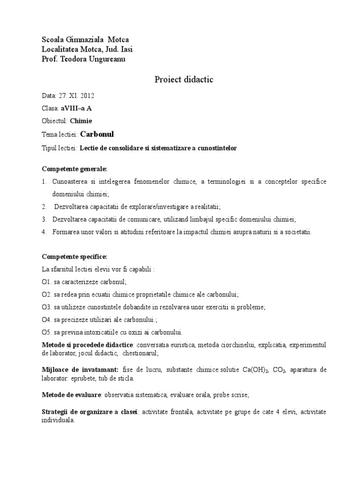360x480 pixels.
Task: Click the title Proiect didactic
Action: coord(184,80)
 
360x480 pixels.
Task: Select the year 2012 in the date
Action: coord(87,96)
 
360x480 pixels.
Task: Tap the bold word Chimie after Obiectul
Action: coord(83,121)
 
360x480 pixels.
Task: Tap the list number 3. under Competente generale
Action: coord(44,219)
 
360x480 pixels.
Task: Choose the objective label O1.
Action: coord(46,282)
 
